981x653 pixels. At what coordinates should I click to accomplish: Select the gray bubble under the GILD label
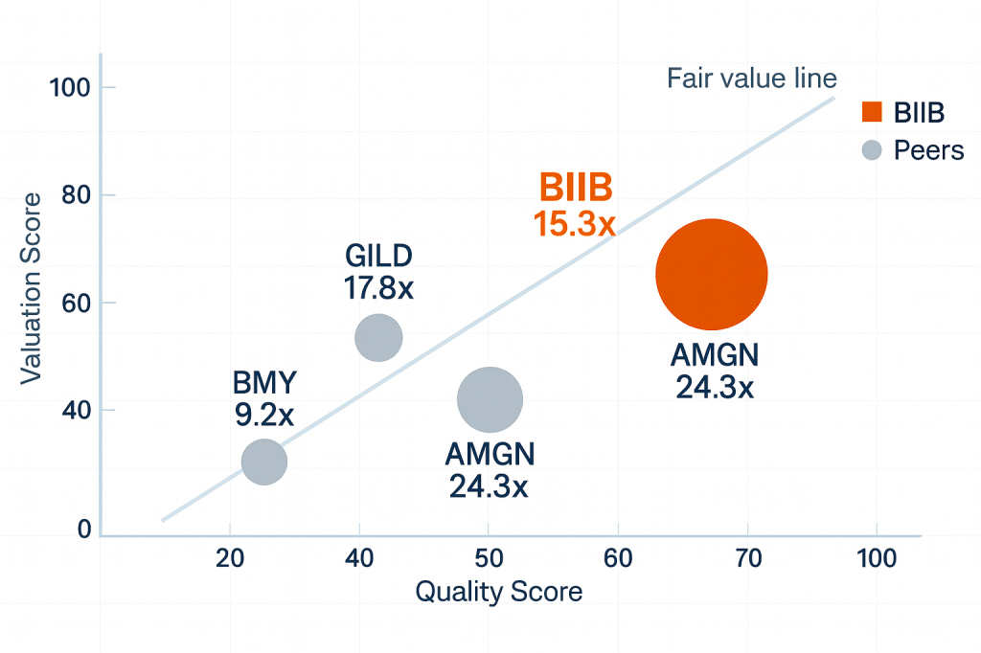point(378,337)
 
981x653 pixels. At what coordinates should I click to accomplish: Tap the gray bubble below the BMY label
point(264,462)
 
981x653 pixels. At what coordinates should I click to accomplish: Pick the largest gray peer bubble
point(490,399)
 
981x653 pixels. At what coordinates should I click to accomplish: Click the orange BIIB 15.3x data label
point(575,205)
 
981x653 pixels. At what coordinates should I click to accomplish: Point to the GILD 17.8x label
point(377,272)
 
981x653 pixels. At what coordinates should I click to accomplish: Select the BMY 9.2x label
point(265,401)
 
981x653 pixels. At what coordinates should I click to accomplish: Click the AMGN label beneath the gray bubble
point(490,469)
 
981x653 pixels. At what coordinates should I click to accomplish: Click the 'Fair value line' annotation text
point(752,78)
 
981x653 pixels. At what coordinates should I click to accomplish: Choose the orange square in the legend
point(871,112)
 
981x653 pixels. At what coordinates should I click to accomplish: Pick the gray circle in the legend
point(871,150)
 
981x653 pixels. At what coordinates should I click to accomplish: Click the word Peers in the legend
point(928,150)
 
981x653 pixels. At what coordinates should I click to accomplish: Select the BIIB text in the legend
point(919,113)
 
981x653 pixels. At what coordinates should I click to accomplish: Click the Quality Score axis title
point(498,592)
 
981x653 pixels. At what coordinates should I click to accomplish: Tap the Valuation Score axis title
point(33,287)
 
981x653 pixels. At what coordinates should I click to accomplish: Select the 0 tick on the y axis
point(84,529)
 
